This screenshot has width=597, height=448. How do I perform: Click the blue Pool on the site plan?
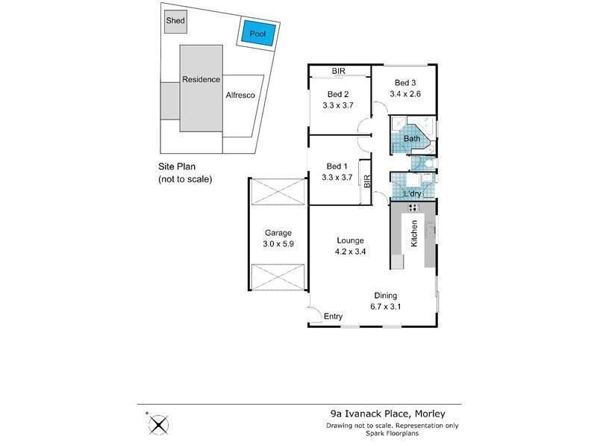point(257,33)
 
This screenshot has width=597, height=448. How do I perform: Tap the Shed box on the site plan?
point(175,22)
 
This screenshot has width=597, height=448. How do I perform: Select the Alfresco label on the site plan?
point(240,96)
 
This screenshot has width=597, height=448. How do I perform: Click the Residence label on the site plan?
point(201,80)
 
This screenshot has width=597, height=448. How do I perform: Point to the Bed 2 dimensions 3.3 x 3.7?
point(338,105)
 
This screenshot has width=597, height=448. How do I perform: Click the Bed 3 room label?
point(405,83)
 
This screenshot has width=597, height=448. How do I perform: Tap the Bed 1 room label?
point(337,166)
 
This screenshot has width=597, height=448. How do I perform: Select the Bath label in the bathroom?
point(412,139)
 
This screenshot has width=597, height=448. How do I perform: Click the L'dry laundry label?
point(413,194)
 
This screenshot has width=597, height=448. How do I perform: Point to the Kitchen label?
point(414,234)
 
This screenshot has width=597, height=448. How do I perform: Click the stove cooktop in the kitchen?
point(413,208)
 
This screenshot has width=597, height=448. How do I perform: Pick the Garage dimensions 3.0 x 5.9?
point(278,244)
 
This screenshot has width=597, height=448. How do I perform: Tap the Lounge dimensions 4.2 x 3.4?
point(350,252)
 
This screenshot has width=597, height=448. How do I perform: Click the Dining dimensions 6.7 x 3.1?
point(386,307)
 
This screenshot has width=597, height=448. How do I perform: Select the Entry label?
point(333,316)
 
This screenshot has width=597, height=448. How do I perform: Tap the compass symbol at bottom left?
point(158,424)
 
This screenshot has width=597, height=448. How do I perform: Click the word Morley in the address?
point(430,414)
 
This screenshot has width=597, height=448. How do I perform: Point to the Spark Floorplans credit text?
point(393,434)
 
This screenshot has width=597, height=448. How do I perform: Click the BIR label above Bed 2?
point(339,71)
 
